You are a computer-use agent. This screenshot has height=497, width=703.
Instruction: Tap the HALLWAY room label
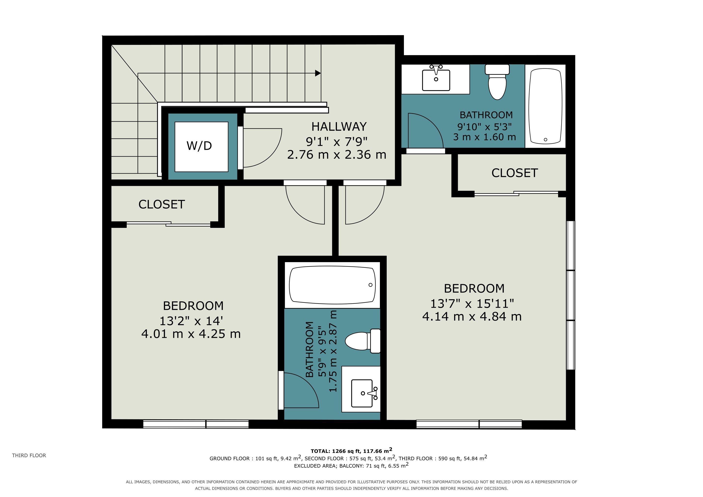[339, 127]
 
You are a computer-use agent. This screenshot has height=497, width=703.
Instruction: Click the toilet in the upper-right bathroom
[497, 82]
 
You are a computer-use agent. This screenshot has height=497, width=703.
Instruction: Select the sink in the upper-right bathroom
[436, 78]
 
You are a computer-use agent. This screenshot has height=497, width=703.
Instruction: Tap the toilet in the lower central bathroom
[363, 341]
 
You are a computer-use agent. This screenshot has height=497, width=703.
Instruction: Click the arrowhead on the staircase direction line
[318, 73]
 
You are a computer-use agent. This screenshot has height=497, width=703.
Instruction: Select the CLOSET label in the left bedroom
[162, 204]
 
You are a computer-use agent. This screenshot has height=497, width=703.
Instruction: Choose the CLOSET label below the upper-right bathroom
[515, 173]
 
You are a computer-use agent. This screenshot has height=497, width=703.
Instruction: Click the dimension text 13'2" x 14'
[191, 321]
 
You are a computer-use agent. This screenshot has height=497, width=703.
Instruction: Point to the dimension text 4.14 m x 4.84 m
[472, 316]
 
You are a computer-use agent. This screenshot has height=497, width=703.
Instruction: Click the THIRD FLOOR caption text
[29, 455]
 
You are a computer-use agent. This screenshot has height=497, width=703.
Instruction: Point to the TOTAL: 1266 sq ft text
[336, 451]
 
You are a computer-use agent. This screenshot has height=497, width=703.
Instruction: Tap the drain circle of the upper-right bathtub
[545, 140]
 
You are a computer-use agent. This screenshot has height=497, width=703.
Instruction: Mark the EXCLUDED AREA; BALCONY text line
[351, 465]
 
